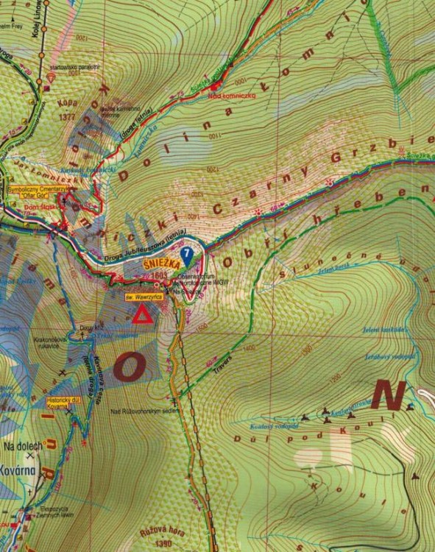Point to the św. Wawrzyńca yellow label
click(143, 297)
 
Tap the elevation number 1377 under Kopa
click(66, 116)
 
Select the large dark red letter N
click(388, 397)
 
